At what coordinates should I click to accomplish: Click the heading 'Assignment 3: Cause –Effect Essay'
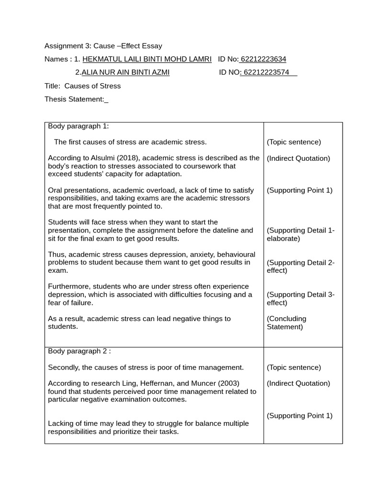coord(103,46)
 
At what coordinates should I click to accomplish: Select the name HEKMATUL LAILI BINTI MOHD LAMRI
coord(147,59)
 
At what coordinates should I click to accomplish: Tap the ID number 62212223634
coord(263,59)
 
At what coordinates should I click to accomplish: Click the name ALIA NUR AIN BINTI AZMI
coord(125,73)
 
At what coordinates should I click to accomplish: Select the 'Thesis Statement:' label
coord(74,99)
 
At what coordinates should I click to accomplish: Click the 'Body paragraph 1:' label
coord(79,126)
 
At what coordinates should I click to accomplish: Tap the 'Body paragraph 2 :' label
coord(80,351)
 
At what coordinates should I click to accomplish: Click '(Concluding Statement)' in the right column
coord(286,323)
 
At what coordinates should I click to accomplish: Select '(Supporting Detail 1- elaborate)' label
coord(300,234)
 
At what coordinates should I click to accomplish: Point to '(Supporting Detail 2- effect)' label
coord(300,267)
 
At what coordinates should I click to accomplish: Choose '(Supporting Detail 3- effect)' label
coord(300,299)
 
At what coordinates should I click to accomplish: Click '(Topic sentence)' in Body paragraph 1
coord(294,142)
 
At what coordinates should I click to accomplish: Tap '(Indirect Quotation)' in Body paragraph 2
coord(298,383)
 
